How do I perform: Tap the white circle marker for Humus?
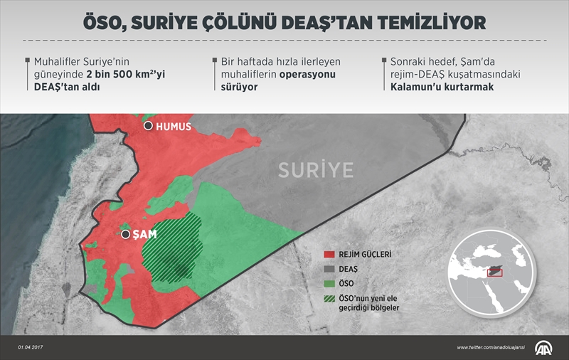[x=148, y=126]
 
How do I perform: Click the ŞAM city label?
[x=145, y=233]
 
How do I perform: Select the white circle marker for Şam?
[x=126, y=233]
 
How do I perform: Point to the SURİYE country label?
[x=315, y=170]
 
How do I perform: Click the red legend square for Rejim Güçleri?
[x=329, y=253]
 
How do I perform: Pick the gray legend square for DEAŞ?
[x=329, y=269]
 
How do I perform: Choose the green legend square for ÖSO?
[x=329, y=284]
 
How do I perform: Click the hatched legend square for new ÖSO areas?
[x=329, y=300]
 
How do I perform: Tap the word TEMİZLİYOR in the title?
[x=426, y=23]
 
